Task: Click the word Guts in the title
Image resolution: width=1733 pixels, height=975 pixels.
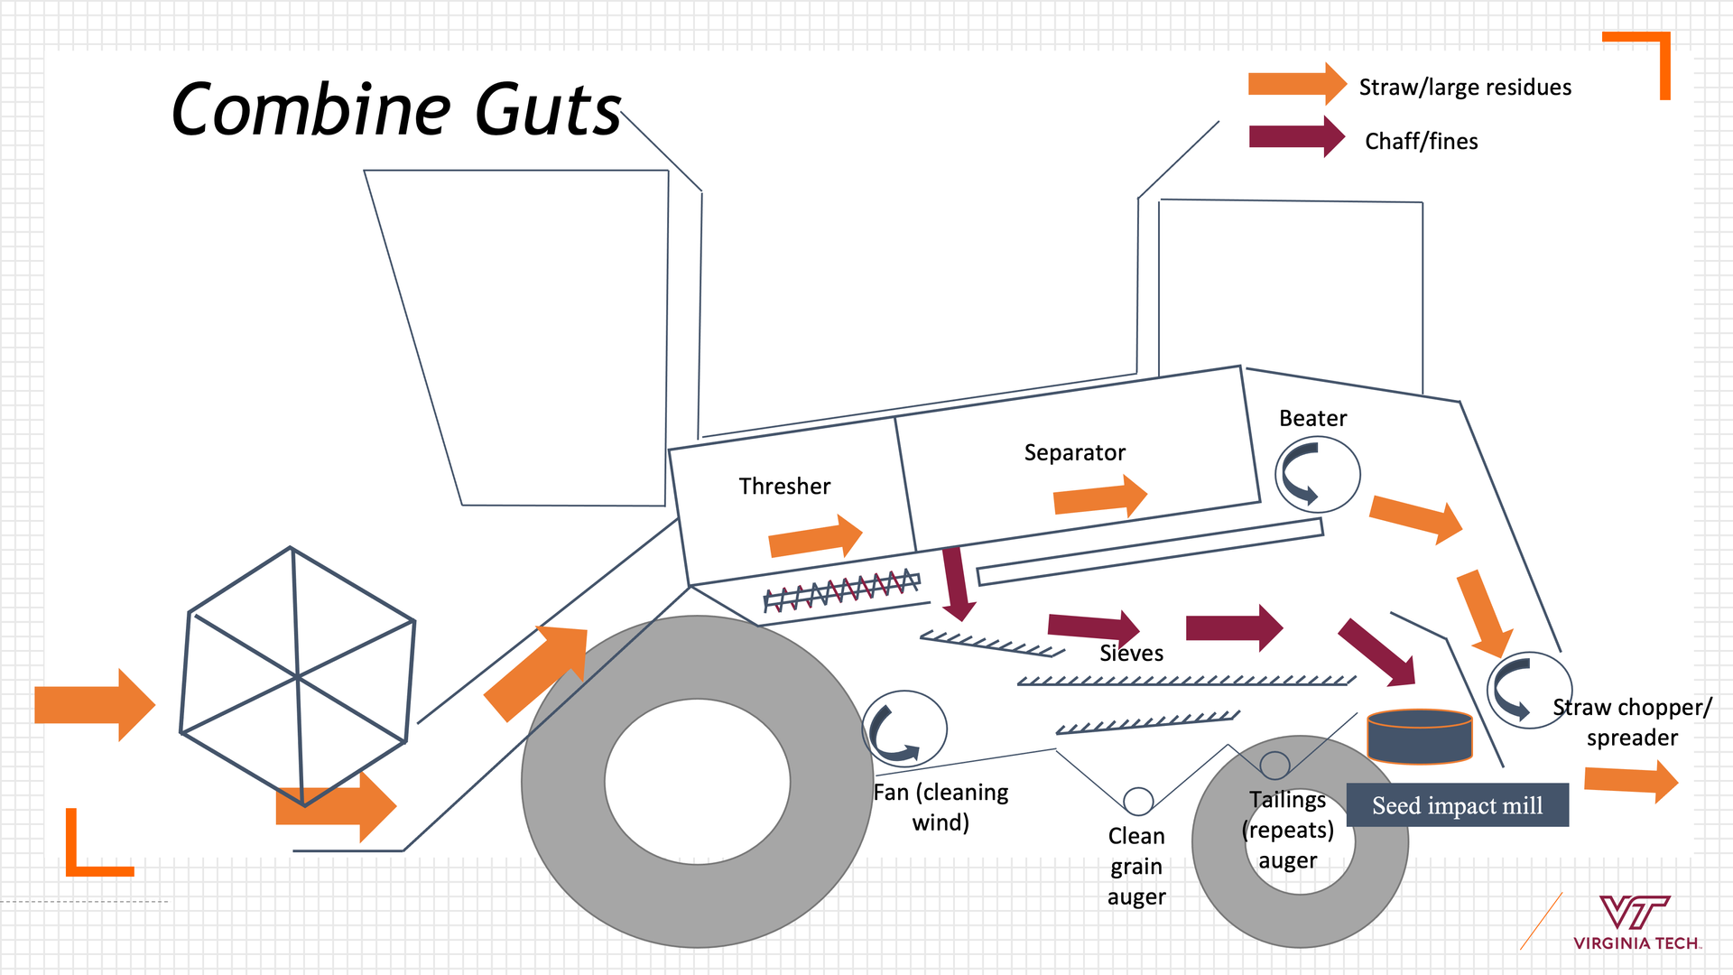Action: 548,111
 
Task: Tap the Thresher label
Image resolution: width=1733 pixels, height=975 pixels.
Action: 784,487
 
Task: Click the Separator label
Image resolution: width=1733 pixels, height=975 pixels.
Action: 1074,452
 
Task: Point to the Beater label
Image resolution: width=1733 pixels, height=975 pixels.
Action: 1312,418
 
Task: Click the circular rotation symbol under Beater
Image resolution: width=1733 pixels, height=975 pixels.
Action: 1317,474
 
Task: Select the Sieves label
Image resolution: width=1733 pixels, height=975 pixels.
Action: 1131,653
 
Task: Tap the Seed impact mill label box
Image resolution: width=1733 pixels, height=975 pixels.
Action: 1457,805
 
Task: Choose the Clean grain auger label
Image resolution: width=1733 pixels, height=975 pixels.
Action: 1136,866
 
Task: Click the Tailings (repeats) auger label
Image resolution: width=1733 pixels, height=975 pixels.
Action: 1288,830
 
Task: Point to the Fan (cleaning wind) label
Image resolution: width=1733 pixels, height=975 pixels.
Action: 941,807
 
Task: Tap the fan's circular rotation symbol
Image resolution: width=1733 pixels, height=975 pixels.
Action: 904,729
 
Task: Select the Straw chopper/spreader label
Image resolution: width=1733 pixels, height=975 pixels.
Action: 1632,722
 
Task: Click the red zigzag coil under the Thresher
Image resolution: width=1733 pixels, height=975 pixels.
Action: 841,589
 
